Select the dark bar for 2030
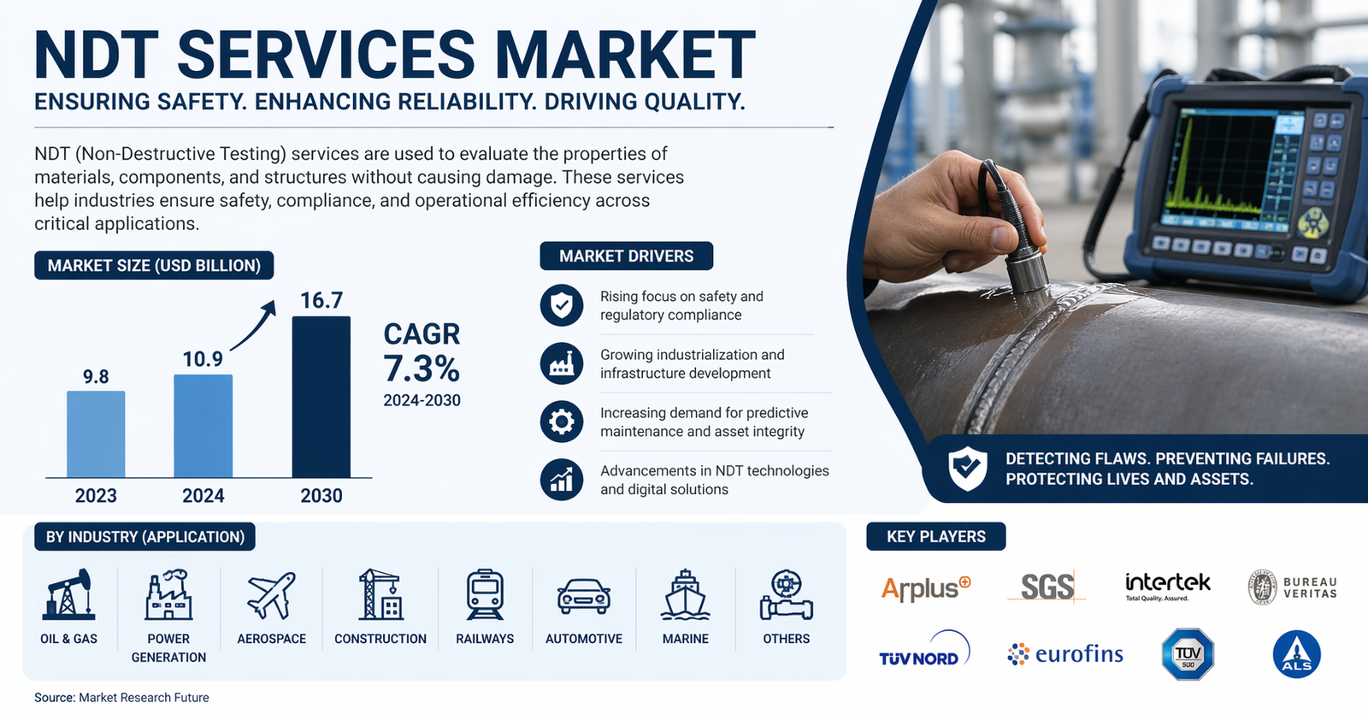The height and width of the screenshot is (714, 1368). (321, 397)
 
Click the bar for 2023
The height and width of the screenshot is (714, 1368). (96, 434)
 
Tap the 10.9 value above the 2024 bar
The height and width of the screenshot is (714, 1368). (203, 359)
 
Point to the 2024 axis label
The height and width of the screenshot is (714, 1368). (203, 495)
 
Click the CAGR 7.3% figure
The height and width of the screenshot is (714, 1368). (422, 369)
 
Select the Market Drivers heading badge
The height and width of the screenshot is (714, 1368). (627, 256)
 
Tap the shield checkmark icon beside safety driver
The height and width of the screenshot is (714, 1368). (561, 305)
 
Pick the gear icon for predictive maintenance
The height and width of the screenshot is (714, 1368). (561, 422)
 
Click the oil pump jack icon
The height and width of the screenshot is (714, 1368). (68, 594)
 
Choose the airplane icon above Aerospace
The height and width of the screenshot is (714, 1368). (271, 595)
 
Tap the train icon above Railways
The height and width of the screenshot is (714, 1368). (485, 595)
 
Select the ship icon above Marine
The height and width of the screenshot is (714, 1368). (685, 595)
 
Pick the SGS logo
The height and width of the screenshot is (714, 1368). (1047, 587)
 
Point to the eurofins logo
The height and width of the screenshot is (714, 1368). (1065, 654)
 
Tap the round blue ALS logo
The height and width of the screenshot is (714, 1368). (1296, 655)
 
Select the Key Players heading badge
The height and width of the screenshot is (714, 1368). (935, 536)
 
